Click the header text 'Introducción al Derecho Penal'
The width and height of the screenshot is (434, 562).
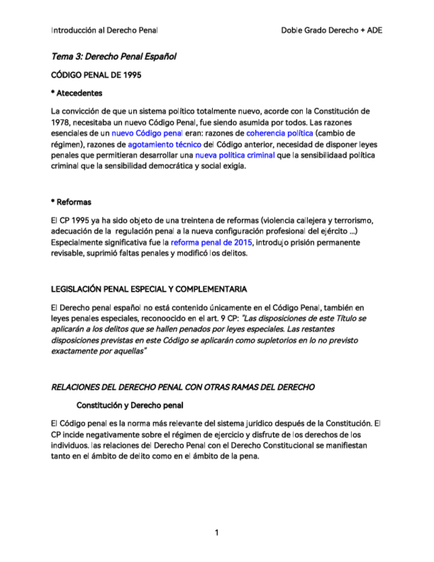coord(104,30)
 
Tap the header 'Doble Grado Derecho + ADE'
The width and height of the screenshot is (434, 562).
coord(331,30)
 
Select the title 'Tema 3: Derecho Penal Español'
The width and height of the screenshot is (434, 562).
coord(113,57)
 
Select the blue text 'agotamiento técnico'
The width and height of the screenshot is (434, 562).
coord(165,144)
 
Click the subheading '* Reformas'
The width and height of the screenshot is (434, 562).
coord(71,201)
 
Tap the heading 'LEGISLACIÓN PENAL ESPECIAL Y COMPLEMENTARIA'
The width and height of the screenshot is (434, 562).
coord(149,289)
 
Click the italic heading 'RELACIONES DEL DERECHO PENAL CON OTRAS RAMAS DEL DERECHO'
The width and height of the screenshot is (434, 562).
coord(183,386)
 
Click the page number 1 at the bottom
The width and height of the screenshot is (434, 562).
coord(217,533)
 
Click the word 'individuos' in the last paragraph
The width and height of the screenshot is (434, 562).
coord(71,445)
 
